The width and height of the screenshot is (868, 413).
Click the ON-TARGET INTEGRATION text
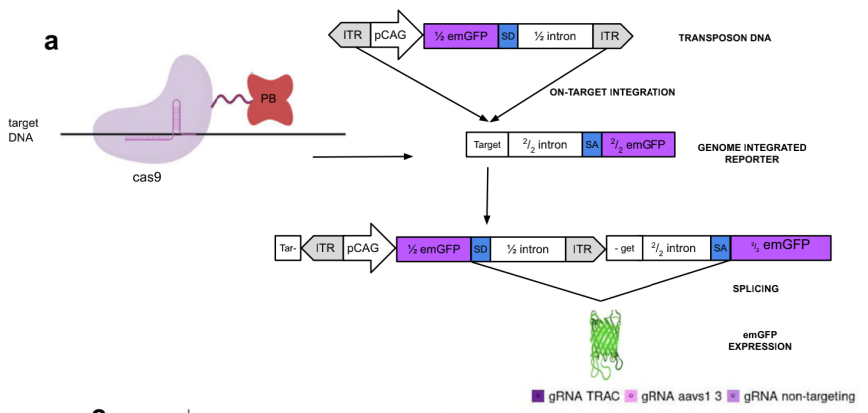click(613, 92)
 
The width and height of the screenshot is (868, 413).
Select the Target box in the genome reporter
click(487, 146)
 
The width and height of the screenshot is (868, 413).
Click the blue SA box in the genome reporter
click(591, 146)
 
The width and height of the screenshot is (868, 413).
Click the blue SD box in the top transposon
click(507, 37)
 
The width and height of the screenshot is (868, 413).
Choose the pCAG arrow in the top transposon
click(393, 36)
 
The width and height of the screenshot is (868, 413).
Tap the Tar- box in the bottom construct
click(288, 248)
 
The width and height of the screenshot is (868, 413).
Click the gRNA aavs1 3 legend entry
click(677, 396)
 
